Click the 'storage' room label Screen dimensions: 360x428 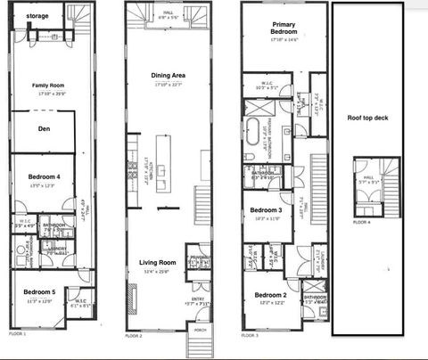coord(37,16)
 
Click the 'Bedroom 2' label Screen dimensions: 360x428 coord(270,295)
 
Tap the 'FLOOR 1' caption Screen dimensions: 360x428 coord(18,333)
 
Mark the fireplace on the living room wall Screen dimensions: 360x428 coord(160,208)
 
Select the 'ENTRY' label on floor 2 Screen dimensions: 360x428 coord(199,300)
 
